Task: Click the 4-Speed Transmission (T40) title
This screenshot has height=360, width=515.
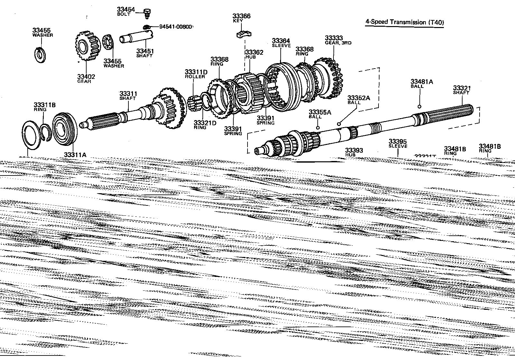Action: point(404,22)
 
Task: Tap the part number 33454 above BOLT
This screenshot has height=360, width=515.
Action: point(126,10)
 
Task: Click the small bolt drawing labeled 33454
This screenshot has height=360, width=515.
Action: point(147,13)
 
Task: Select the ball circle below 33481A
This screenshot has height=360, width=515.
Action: point(419,107)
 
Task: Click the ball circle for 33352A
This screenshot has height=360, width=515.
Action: point(339,123)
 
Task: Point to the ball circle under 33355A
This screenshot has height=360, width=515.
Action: point(318,128)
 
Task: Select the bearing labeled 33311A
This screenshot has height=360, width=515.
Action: point(64,127)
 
